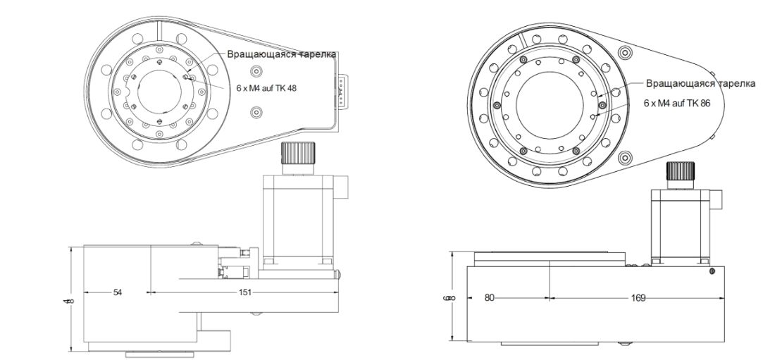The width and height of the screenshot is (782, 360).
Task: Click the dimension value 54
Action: click(117, 292)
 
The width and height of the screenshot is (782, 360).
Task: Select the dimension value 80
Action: click(489, 297)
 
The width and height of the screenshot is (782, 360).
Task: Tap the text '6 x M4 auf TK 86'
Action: click(679, 102)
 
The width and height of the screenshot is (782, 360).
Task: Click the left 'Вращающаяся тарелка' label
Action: click(281, 54)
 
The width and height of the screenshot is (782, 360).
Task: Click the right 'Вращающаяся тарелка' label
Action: click(700, 83)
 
